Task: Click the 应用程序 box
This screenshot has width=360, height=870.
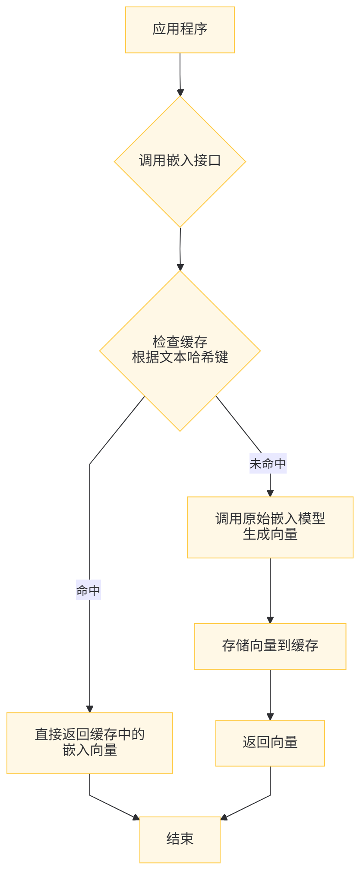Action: pyautogui.click(x=180, y=30)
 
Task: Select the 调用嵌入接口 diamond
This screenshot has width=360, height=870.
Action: pyautogui.click(x=180, y=161)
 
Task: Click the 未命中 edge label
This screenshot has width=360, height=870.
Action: pyautogui.click(x=268, y=464)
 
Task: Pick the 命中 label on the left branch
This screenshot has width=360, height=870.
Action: pyautogui.click(x=88, y=591)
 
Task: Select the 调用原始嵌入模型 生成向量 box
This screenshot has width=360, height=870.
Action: pyautogui.click(x=270, y=527)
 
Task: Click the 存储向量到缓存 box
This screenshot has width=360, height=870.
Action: pyautogui.click(x=270, y=646)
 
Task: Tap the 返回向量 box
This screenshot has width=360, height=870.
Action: pyautogui.click(x=270, y=743)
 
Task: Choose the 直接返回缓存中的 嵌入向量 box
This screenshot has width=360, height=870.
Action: pyautogui.click(x=89, y=743)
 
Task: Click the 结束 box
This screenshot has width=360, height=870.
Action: pyautogui.click(x=180, y=839)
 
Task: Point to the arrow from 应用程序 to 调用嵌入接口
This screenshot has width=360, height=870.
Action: pyautogui.click(x=180, y=73)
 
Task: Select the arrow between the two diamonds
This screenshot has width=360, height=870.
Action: pyautogui.click(x=180, y=248)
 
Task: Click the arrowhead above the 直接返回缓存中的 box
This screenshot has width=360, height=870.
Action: pyautogui.click(x=90, y=709)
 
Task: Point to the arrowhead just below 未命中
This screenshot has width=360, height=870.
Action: pyautogui.click(x=270, y=493)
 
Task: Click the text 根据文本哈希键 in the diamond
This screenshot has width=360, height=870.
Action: pyautogui.click(x=180, y=357)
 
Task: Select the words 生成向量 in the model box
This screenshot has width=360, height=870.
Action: pyautogui.click(x=270, y=535)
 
